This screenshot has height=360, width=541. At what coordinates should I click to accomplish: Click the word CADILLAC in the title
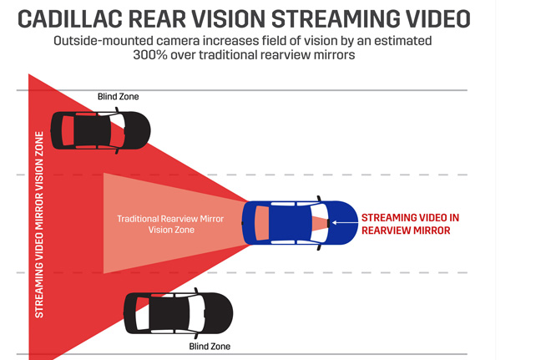[69, 19]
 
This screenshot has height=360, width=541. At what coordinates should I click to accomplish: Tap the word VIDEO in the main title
[437, 19]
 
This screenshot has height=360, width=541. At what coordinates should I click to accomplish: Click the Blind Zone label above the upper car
[118, 97]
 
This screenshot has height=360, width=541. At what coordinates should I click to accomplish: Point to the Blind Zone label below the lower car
[210, 346]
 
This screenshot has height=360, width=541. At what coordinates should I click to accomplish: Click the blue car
[300, 223]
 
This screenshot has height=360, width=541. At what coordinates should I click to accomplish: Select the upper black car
[100, 130]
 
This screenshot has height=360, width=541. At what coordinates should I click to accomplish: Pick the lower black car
[178, 313]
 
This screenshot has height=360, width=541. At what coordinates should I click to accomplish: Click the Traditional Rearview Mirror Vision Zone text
[170, 225]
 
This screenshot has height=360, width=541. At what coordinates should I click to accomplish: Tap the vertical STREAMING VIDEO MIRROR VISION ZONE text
[39, 225]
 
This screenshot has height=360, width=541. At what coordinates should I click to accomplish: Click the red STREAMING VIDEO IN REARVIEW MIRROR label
[410, 225]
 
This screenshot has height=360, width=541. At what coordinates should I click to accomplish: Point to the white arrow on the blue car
[345, 223]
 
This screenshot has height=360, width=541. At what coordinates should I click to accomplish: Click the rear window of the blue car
[262, 223]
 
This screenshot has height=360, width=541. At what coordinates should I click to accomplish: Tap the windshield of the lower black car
[197, 313]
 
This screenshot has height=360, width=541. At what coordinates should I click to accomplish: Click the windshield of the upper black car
[118, 130]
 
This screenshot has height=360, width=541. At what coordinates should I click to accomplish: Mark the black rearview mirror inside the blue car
[328, 223]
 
